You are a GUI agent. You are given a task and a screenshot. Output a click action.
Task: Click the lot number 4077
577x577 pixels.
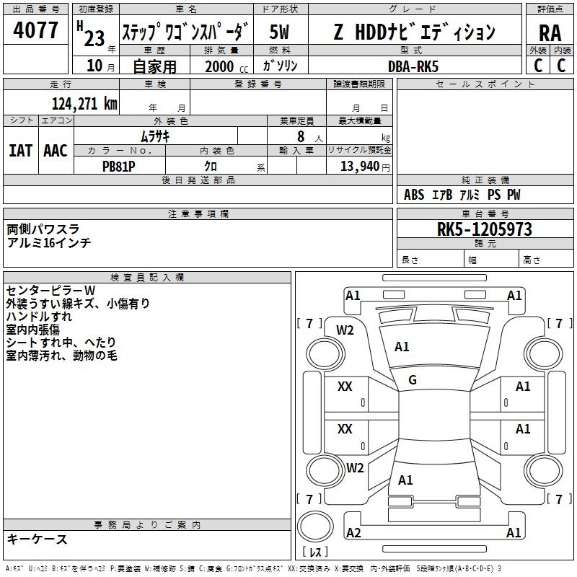pyautogui.click(x=36, y=30)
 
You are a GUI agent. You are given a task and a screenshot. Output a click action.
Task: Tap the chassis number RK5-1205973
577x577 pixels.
pyautogui.click(x=484, y=229)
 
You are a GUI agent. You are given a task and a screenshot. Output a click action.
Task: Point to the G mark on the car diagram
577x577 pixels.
pyautogui.click(x=413, y=380)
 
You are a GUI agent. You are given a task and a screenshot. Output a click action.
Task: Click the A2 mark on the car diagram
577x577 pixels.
pyautogui.click(x=353, y=532)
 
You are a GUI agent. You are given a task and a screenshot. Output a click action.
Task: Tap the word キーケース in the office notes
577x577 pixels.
pyautogui.click(x=38, y=539)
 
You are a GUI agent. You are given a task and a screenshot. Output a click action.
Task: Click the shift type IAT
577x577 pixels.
pyautogui.click(x=20, y=151)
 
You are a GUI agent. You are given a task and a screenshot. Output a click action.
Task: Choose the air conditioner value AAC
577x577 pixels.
pyautogui.click(x=56, y=151)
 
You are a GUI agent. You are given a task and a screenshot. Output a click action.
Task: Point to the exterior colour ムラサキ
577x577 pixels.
pyautogui.click(x=154, y=136)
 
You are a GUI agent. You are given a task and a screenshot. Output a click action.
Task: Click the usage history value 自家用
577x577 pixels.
pyautogui.click(x=154, y=66)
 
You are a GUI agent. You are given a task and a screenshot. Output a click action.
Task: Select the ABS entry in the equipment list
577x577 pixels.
pyautogui.click(x=414, y=195)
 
